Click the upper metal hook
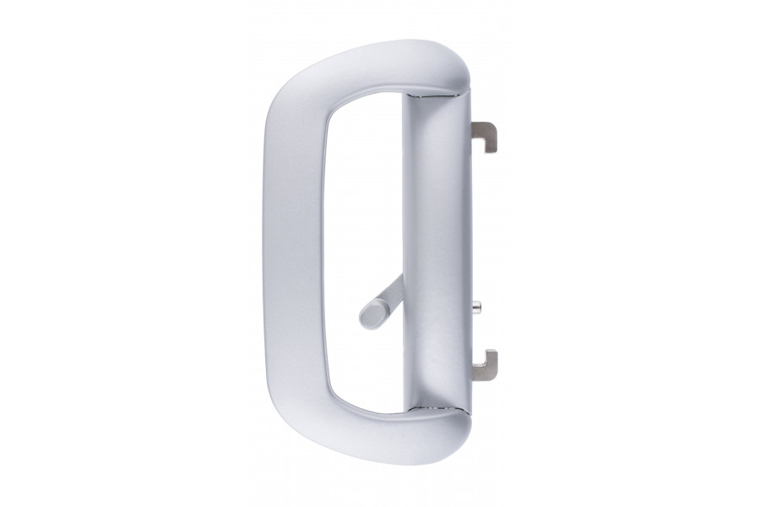coord(486,131)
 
